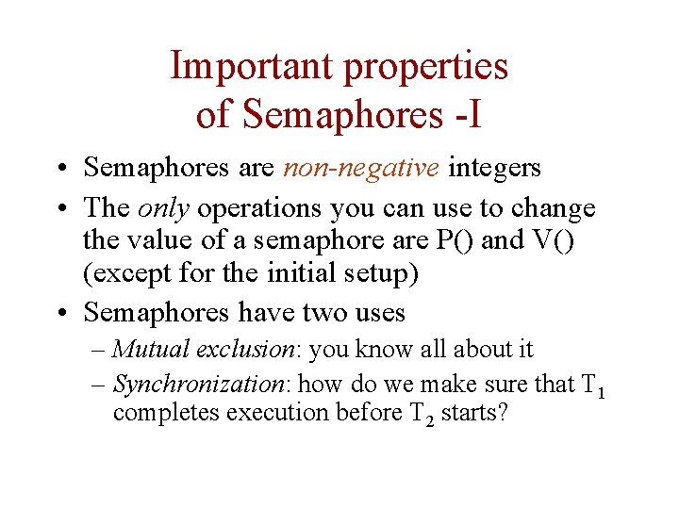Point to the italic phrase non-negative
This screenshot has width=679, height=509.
(360, 168)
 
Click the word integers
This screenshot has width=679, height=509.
(494, 168)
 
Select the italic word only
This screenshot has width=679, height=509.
(164, 207)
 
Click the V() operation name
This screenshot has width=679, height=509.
(554, 241)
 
